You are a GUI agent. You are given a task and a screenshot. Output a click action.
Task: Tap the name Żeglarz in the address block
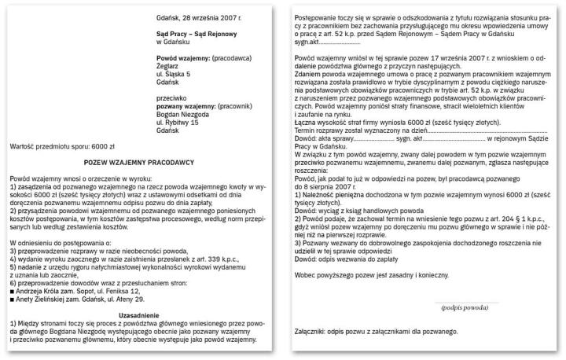pos(170,68)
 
